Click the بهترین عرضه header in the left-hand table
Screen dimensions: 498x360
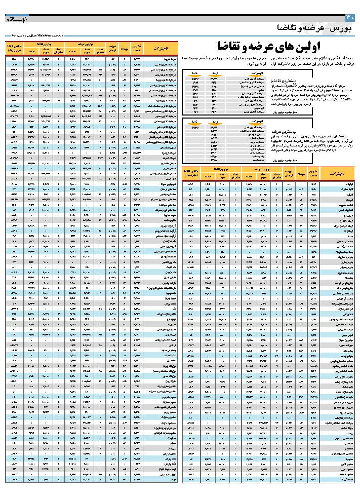pyautogui.click(x=91, y=45)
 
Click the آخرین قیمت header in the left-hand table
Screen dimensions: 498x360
pyautogui.click(x=136, y=48)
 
